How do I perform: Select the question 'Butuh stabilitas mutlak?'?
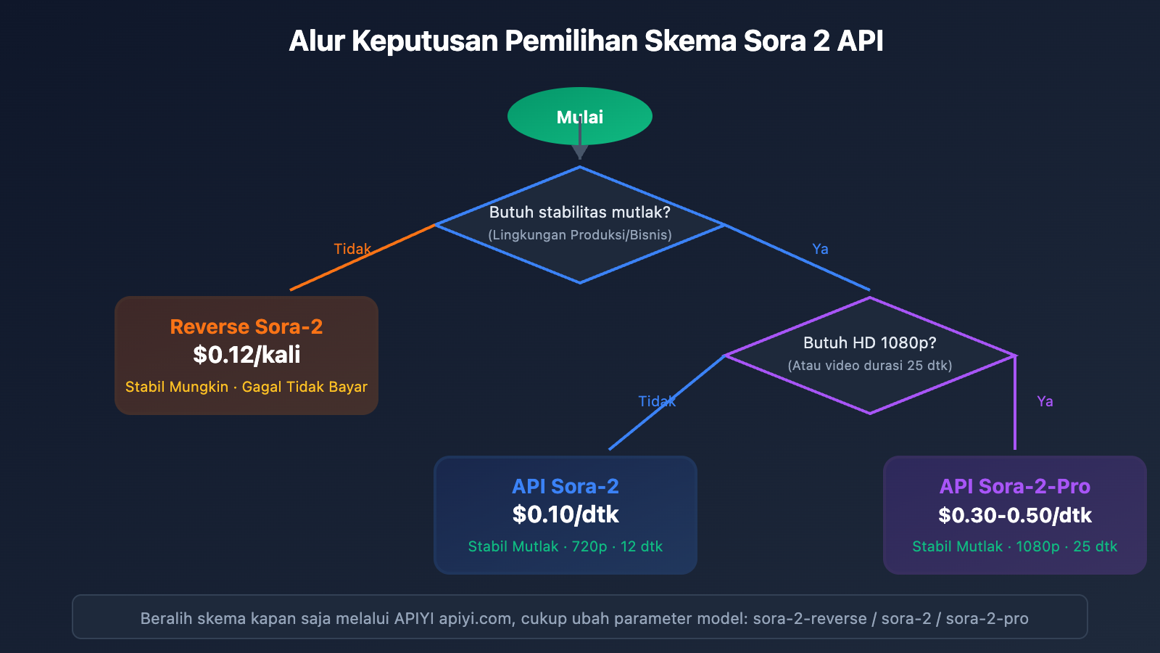click(x=579, y=212)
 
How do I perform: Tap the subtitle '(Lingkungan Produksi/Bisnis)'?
click(x=579, y=235)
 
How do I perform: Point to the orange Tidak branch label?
click(x=352, y=249)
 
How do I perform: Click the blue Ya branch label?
click(x=820, y=249)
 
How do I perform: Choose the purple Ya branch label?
click(x=1045, y=401)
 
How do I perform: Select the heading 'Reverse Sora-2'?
click(x=246, y=326)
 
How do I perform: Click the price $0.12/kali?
click(x=246, y=355)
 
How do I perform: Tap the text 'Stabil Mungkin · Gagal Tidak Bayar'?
click(x=246, y=387)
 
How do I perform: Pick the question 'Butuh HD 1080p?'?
click(x=869, y=342)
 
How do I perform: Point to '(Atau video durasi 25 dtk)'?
click(x=869, y=366)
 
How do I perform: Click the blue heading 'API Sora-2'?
click(x=565, y=486)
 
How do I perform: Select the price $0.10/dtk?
click(x=565, y=514)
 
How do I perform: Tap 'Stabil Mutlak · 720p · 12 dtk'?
click(x=565, y=546)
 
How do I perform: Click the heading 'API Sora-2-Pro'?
click(x=1014, y=486)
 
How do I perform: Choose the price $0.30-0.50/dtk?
click(x=1014, y=515)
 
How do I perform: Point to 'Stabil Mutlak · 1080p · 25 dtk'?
click(x=1014, y=546)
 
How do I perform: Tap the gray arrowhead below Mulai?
click(x=579, y=152)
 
